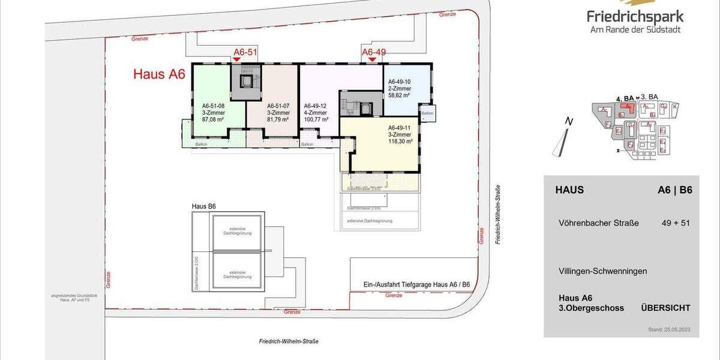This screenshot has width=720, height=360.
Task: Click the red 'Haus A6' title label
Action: pos(159,74)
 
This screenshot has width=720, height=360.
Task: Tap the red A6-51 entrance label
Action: pos(245,53)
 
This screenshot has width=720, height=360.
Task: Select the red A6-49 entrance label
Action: pos(373,52)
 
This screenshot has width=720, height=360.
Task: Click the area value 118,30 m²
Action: pos(400,142)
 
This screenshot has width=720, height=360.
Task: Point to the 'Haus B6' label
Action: pos(204,206)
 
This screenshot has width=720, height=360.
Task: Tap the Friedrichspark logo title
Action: pos(635,17)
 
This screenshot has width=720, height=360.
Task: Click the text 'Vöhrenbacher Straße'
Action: pos(598,223)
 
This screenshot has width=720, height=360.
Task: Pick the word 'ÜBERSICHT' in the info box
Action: pos(665,308)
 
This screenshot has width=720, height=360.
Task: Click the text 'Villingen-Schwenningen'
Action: pos(602,271)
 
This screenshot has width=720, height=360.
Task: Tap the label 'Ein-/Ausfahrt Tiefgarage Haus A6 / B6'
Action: pos(408,284)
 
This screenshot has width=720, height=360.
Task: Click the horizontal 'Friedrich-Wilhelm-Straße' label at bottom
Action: pos(289,341)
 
